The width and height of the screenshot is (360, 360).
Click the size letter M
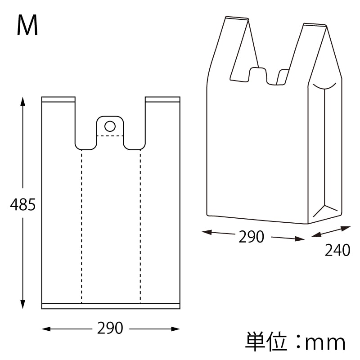click(27, 25)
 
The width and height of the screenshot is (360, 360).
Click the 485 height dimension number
click(23, 205)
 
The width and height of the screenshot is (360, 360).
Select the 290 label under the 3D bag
click(252, 237)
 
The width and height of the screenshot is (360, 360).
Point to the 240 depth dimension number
click(337, 250)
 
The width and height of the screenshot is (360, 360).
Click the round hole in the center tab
click(110, 126)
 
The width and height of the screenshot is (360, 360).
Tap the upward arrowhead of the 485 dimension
click(22, 102)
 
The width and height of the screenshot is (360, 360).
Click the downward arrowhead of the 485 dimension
click(22, 304)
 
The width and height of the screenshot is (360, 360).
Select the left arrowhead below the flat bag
click(46, 329)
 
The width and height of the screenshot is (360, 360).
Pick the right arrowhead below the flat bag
click(175, 329)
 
